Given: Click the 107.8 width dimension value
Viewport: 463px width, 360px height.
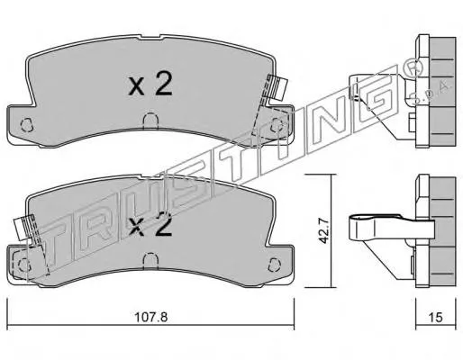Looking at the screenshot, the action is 150,317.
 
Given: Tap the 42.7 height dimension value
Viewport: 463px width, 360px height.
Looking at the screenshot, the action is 323,230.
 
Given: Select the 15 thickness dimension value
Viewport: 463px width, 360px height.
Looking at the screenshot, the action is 436,317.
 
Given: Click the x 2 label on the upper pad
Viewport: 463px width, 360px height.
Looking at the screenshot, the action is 150,85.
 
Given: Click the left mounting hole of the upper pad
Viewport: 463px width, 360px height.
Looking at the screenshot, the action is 26,125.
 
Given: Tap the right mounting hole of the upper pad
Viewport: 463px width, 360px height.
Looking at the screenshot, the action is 276,125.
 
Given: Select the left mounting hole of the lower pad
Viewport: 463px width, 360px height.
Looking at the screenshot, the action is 24,265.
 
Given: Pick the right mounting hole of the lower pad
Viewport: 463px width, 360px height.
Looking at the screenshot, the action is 274,264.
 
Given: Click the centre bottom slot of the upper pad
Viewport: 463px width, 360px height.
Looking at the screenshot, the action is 150,121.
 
